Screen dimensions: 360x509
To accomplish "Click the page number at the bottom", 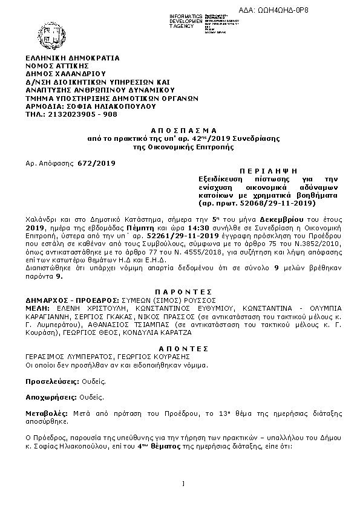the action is point(182,483).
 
